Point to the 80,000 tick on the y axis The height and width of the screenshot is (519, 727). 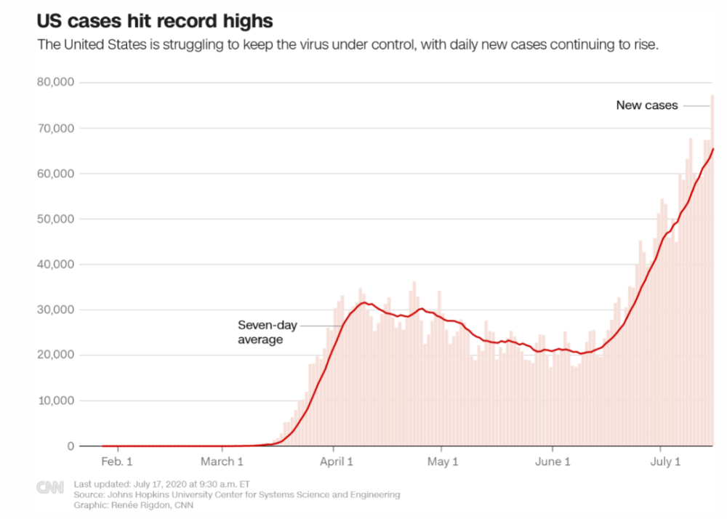click(x=55, y=83)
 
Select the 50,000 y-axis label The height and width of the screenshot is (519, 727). click(x=55, y=219)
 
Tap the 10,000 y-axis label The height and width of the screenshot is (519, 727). click(x=55, y=401)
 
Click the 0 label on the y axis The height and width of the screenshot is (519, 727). click(x=71, y=446)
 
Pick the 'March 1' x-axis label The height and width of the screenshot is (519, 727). click(x=222, y=462)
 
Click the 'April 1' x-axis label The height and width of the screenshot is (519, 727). click(x=335, y=462)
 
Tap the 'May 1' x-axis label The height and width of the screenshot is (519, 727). click(x=443, y=462)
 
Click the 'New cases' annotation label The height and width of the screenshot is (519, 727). click(x=647, y=105)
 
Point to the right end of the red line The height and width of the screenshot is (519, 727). click(x=713, y=149)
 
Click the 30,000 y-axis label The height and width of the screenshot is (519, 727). click(x=55, y=310)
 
